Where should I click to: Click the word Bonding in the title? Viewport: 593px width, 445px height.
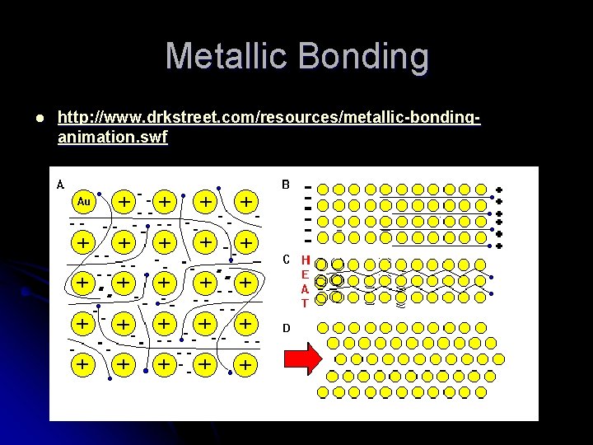365,57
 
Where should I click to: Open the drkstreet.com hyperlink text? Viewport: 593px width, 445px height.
268,118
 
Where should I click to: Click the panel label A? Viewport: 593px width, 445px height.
60,185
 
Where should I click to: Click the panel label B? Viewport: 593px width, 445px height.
286,185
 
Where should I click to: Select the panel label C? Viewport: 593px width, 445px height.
286,260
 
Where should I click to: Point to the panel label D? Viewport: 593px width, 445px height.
286,327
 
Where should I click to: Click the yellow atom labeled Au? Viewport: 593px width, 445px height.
83,201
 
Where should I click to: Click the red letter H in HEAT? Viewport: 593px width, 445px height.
305,260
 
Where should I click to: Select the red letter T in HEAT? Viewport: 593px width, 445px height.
305,303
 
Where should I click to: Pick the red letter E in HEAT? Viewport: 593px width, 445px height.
305,274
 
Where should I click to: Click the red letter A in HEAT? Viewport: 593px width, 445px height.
305,288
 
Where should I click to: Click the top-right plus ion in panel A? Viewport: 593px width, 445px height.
245,201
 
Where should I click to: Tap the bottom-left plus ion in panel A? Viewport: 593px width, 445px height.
83,363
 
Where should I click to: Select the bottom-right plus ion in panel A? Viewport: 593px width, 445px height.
245,363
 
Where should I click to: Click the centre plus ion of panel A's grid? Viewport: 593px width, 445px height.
165,282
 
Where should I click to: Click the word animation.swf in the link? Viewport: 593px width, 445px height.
112,138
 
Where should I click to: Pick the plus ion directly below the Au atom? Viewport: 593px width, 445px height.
83,242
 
